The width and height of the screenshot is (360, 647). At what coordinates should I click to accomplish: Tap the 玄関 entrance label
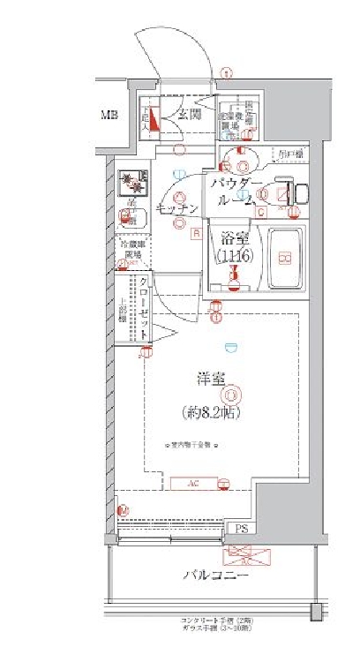point(189,115)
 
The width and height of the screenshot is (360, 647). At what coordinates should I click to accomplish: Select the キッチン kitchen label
point(176,209)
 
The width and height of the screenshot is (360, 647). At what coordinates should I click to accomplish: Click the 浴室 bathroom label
point(234,237)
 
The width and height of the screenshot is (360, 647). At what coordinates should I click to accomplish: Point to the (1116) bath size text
point(234,256)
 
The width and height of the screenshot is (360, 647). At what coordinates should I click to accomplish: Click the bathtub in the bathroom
point(283,258)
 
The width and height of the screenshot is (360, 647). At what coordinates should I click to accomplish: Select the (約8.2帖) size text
point(210,410)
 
